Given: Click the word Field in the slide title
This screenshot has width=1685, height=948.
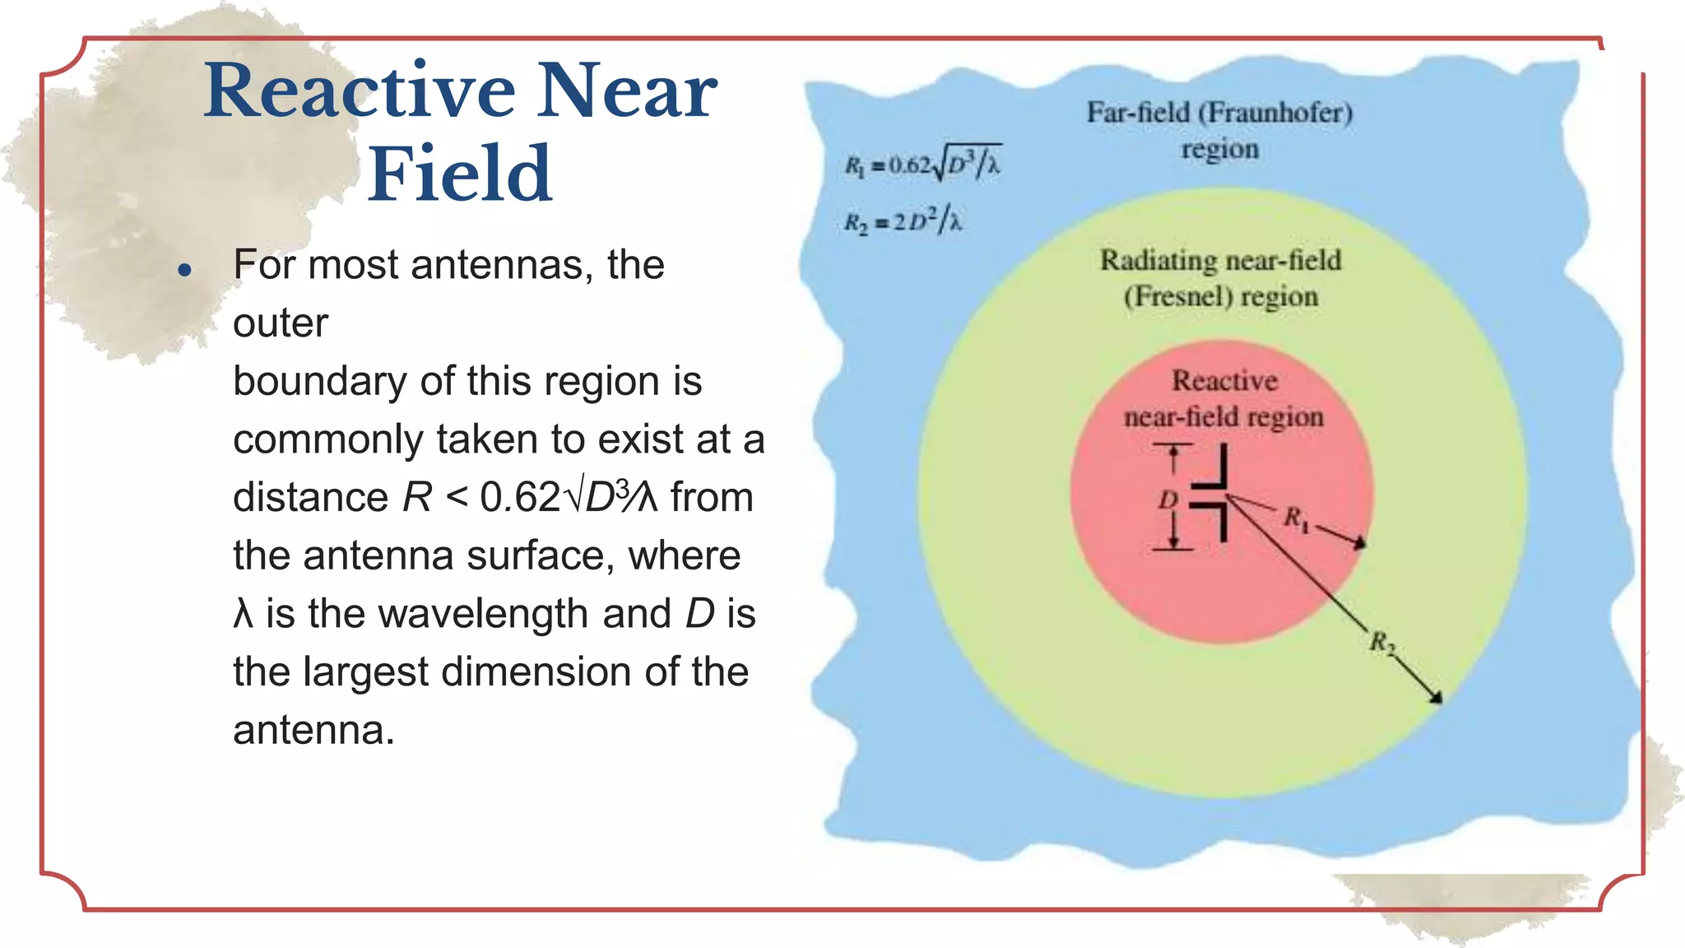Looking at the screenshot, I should pos(459,174).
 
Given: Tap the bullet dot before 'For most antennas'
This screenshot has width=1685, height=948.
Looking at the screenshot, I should pos(185,270).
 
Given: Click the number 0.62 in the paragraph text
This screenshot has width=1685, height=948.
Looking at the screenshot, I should pos(520,497).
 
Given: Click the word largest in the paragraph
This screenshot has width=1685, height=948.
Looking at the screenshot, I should pos(365,672).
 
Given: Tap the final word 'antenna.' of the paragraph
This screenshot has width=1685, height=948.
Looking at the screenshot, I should pos(313,730).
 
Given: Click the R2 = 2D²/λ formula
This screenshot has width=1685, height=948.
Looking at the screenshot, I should pos(903,221).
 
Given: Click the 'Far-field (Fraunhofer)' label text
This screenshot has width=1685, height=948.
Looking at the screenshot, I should pos(1219,113).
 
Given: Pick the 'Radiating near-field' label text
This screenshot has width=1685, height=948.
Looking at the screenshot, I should pos(1220,260).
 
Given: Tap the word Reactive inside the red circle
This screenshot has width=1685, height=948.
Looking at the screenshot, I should pos(1224,380).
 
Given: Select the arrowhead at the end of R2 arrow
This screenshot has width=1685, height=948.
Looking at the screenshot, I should pos(1436,698).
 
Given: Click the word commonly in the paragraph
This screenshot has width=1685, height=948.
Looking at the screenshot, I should pos(327,439).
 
